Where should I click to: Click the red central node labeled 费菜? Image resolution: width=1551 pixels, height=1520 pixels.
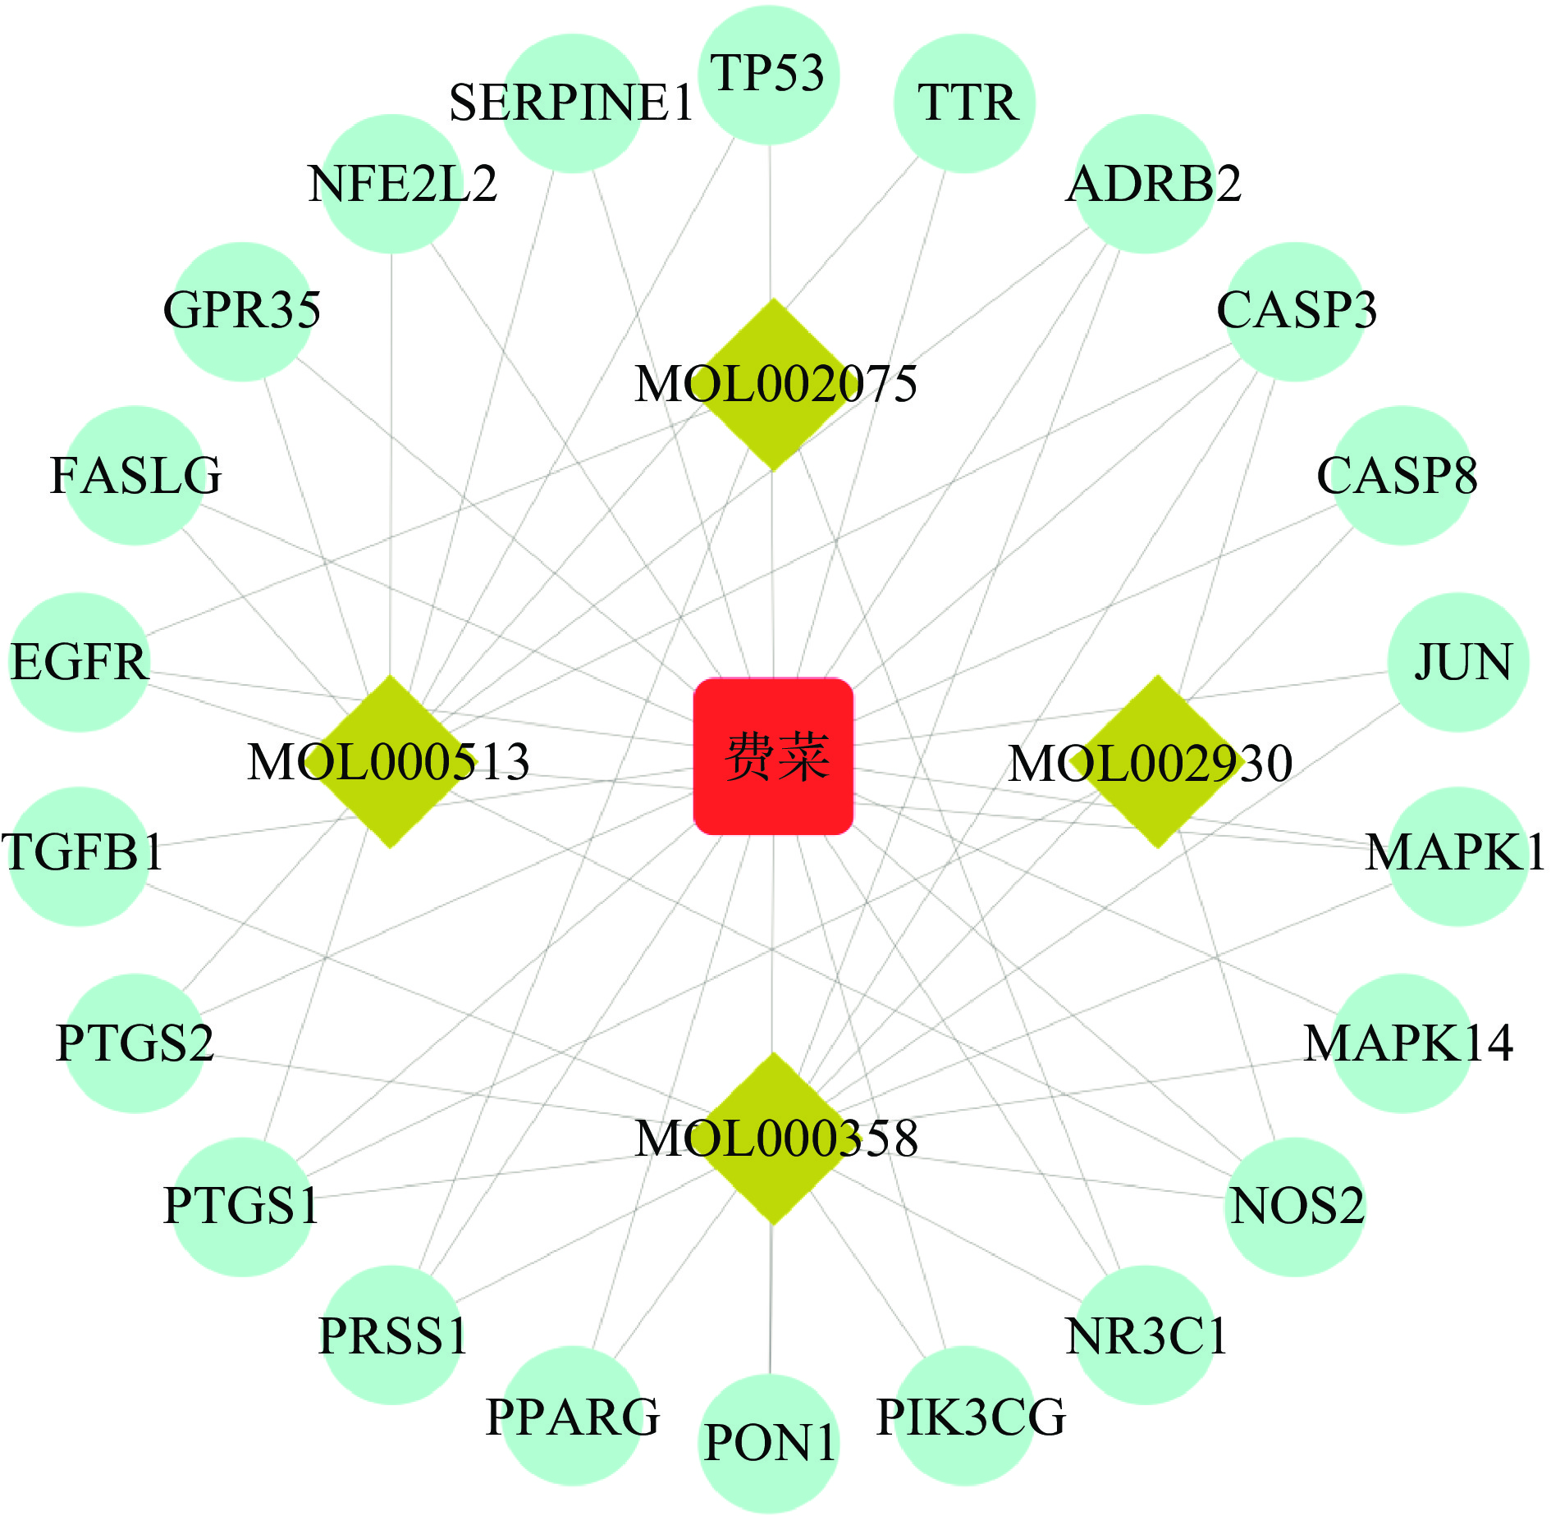click(x=773, y=755)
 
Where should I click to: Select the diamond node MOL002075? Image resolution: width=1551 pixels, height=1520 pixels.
click(x=773, y=384)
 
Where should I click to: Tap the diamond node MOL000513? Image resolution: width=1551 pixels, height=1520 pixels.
click(x=391, y=761)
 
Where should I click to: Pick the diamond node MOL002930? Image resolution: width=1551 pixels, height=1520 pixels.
click(x=1157, y=761)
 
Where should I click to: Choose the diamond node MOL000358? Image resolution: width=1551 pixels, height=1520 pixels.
click(x=773, y=1139)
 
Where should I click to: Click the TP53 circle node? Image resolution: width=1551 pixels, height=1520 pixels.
click(x=769, y=74)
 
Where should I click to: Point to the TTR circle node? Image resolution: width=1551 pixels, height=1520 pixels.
click(x=965, y=103)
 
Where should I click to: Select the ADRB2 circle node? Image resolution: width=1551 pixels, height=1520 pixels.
click(x=1145, y=184)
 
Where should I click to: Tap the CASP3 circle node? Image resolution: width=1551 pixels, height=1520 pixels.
click(x=1295, y=312)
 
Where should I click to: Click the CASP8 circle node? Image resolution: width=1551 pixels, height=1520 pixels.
click(x=1402, y=476)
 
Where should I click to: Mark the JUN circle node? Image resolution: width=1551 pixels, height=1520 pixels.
click(x=1459, y=662)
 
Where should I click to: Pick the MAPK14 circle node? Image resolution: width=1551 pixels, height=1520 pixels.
click(x=1402, y=1043)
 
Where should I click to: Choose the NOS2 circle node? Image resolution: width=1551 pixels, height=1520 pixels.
click(x=1295, y=1206)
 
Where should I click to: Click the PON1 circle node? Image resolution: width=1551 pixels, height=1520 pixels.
click(x=769, y=1444)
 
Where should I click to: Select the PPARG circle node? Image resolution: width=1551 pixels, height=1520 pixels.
click(x=572, y=1416)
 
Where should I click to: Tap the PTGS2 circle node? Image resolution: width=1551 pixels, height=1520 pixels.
click(x=135, y=1043)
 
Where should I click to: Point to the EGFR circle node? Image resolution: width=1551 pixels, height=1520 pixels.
click(x=80, y=662)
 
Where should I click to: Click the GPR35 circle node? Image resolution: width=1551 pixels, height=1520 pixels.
click(x=243, y=312)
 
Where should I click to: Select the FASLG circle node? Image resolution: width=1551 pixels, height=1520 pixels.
click(x=135, y=476)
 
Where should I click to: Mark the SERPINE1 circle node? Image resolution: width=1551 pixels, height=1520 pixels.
click(x=572, y=103)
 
